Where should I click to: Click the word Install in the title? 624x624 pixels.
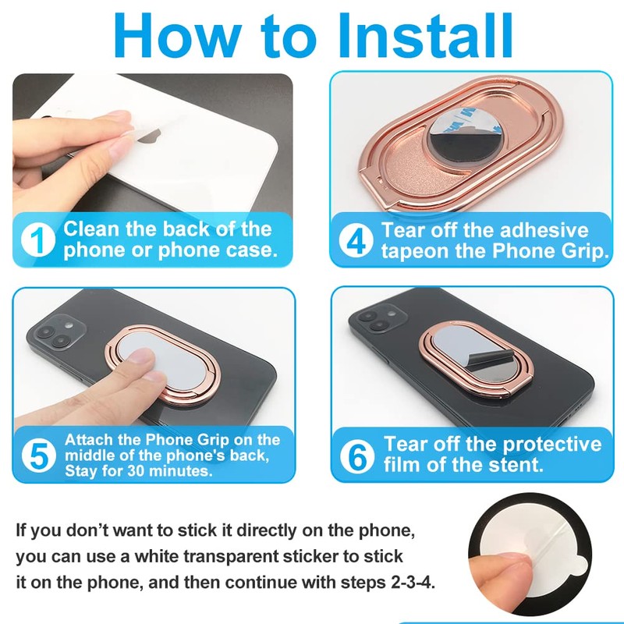tap(426, 35)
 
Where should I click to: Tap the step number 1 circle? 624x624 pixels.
tap(37, 239)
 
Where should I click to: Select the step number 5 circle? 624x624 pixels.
tap(38, 456)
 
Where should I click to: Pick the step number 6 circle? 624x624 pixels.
tap(357, 456)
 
